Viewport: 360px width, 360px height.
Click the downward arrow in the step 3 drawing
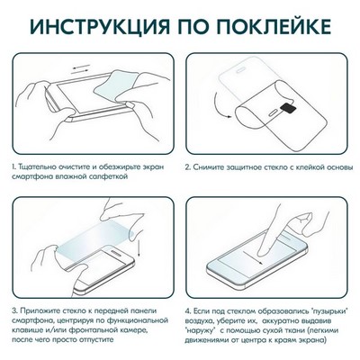click(137, 236)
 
